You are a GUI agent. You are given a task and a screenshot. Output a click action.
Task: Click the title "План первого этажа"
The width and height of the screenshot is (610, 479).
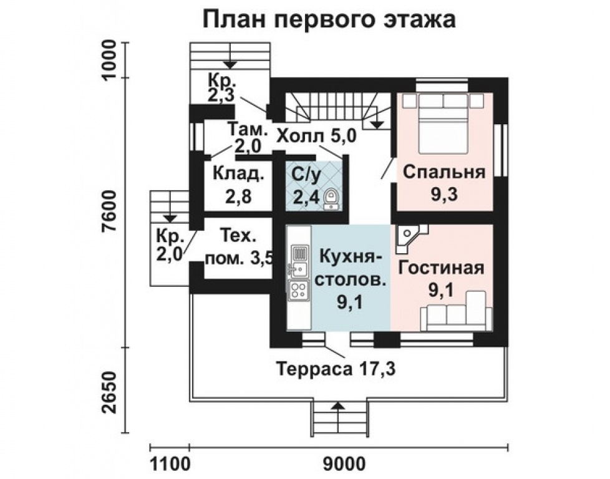click(x=329, y=19)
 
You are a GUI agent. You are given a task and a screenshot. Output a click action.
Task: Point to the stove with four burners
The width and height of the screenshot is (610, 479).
click(x=299, y=289)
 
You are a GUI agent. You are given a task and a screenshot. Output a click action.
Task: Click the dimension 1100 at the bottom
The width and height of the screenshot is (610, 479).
click(x=170, y=465)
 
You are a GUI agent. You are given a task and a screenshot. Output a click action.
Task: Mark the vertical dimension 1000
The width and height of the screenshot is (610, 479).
click(x=109, y=59)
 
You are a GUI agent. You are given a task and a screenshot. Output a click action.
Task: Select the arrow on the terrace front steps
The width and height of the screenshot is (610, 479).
click(x=338, y=406)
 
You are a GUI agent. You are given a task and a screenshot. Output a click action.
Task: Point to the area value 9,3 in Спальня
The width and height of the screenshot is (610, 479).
click(x=443, y=195)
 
